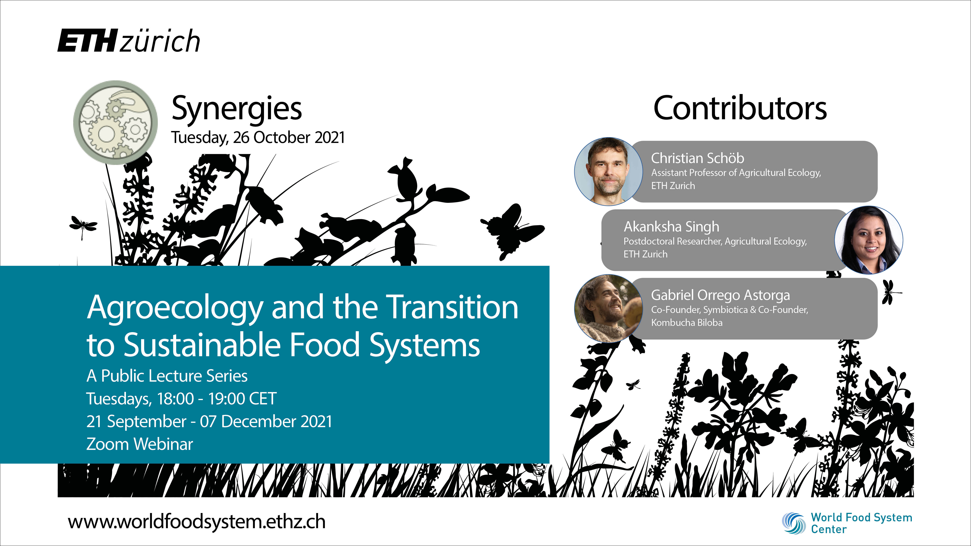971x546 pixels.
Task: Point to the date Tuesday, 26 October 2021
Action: pos(258,137)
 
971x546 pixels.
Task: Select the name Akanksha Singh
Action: pos(671,227)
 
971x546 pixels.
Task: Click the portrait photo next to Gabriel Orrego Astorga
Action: pos(608,308)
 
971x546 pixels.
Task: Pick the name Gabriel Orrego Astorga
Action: pos(720,295)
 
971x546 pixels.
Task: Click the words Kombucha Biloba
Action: pos(687,322)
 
